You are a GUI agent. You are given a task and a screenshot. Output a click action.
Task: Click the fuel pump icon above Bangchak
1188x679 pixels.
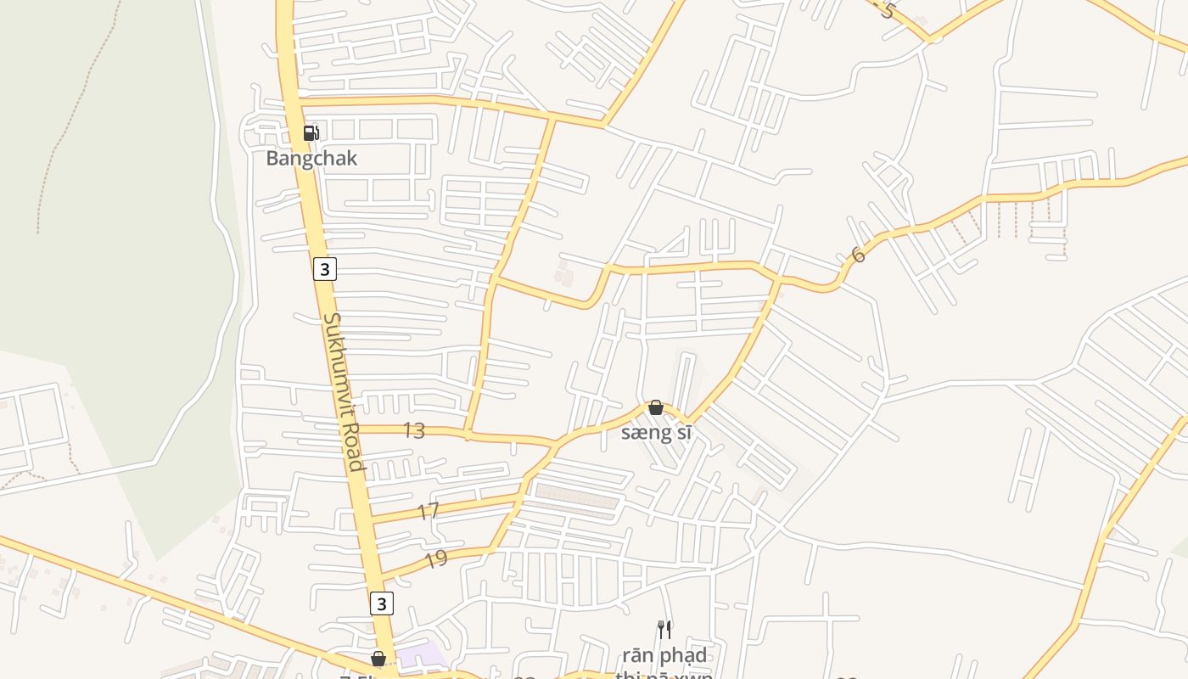(x=311, y=132)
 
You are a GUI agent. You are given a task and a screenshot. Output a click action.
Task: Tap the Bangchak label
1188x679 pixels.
(x=311, y=159)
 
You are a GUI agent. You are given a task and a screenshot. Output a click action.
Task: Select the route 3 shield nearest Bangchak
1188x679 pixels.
(x=324, y=269)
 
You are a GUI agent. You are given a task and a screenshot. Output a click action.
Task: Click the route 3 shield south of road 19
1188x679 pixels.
(x=382, y=603)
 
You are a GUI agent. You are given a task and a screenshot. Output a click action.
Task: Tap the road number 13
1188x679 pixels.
(x=414, y=431)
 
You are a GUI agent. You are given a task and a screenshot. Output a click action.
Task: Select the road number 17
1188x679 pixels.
(x=429, y=511)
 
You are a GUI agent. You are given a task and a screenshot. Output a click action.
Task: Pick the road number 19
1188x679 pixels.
(x=435, y=559)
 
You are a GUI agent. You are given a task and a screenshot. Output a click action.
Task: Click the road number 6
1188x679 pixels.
(x=858, y=255)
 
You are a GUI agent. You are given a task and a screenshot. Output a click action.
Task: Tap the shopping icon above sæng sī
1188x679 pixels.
(x=656, y=408)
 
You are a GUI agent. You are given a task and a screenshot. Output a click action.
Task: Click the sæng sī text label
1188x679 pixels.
(x=656, y=433)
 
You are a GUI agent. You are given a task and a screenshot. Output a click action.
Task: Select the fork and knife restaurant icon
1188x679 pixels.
(x=664, y=629)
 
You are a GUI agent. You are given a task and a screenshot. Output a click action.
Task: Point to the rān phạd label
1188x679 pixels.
(x=664, y=655)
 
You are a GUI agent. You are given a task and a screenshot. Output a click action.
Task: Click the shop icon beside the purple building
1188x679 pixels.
(x=378, y=659)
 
